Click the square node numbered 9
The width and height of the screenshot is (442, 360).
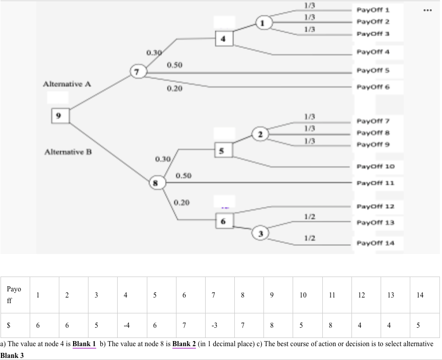pos(59,116)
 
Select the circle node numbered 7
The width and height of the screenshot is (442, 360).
pos(138,71)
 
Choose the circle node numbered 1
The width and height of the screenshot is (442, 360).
pos(263,23)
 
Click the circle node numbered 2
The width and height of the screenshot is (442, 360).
pos(261,135)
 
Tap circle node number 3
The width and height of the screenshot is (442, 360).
pos(261,234)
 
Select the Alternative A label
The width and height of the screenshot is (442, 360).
pos(67,83)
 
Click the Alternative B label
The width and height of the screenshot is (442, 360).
pos(68,152)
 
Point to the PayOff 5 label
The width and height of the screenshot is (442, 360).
pos(373,70)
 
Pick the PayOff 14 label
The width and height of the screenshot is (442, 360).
pos(375,243)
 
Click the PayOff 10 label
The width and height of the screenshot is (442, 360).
pos(375,166)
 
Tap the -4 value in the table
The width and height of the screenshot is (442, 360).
pos(125,325)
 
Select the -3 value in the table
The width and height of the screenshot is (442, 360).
pos(213,325)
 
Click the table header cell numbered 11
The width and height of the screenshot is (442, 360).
pos(332,295)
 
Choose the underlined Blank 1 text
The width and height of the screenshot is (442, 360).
pos(84,344)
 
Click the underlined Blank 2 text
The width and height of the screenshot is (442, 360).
pos(184,344)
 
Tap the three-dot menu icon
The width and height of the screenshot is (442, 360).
pos(428,10)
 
